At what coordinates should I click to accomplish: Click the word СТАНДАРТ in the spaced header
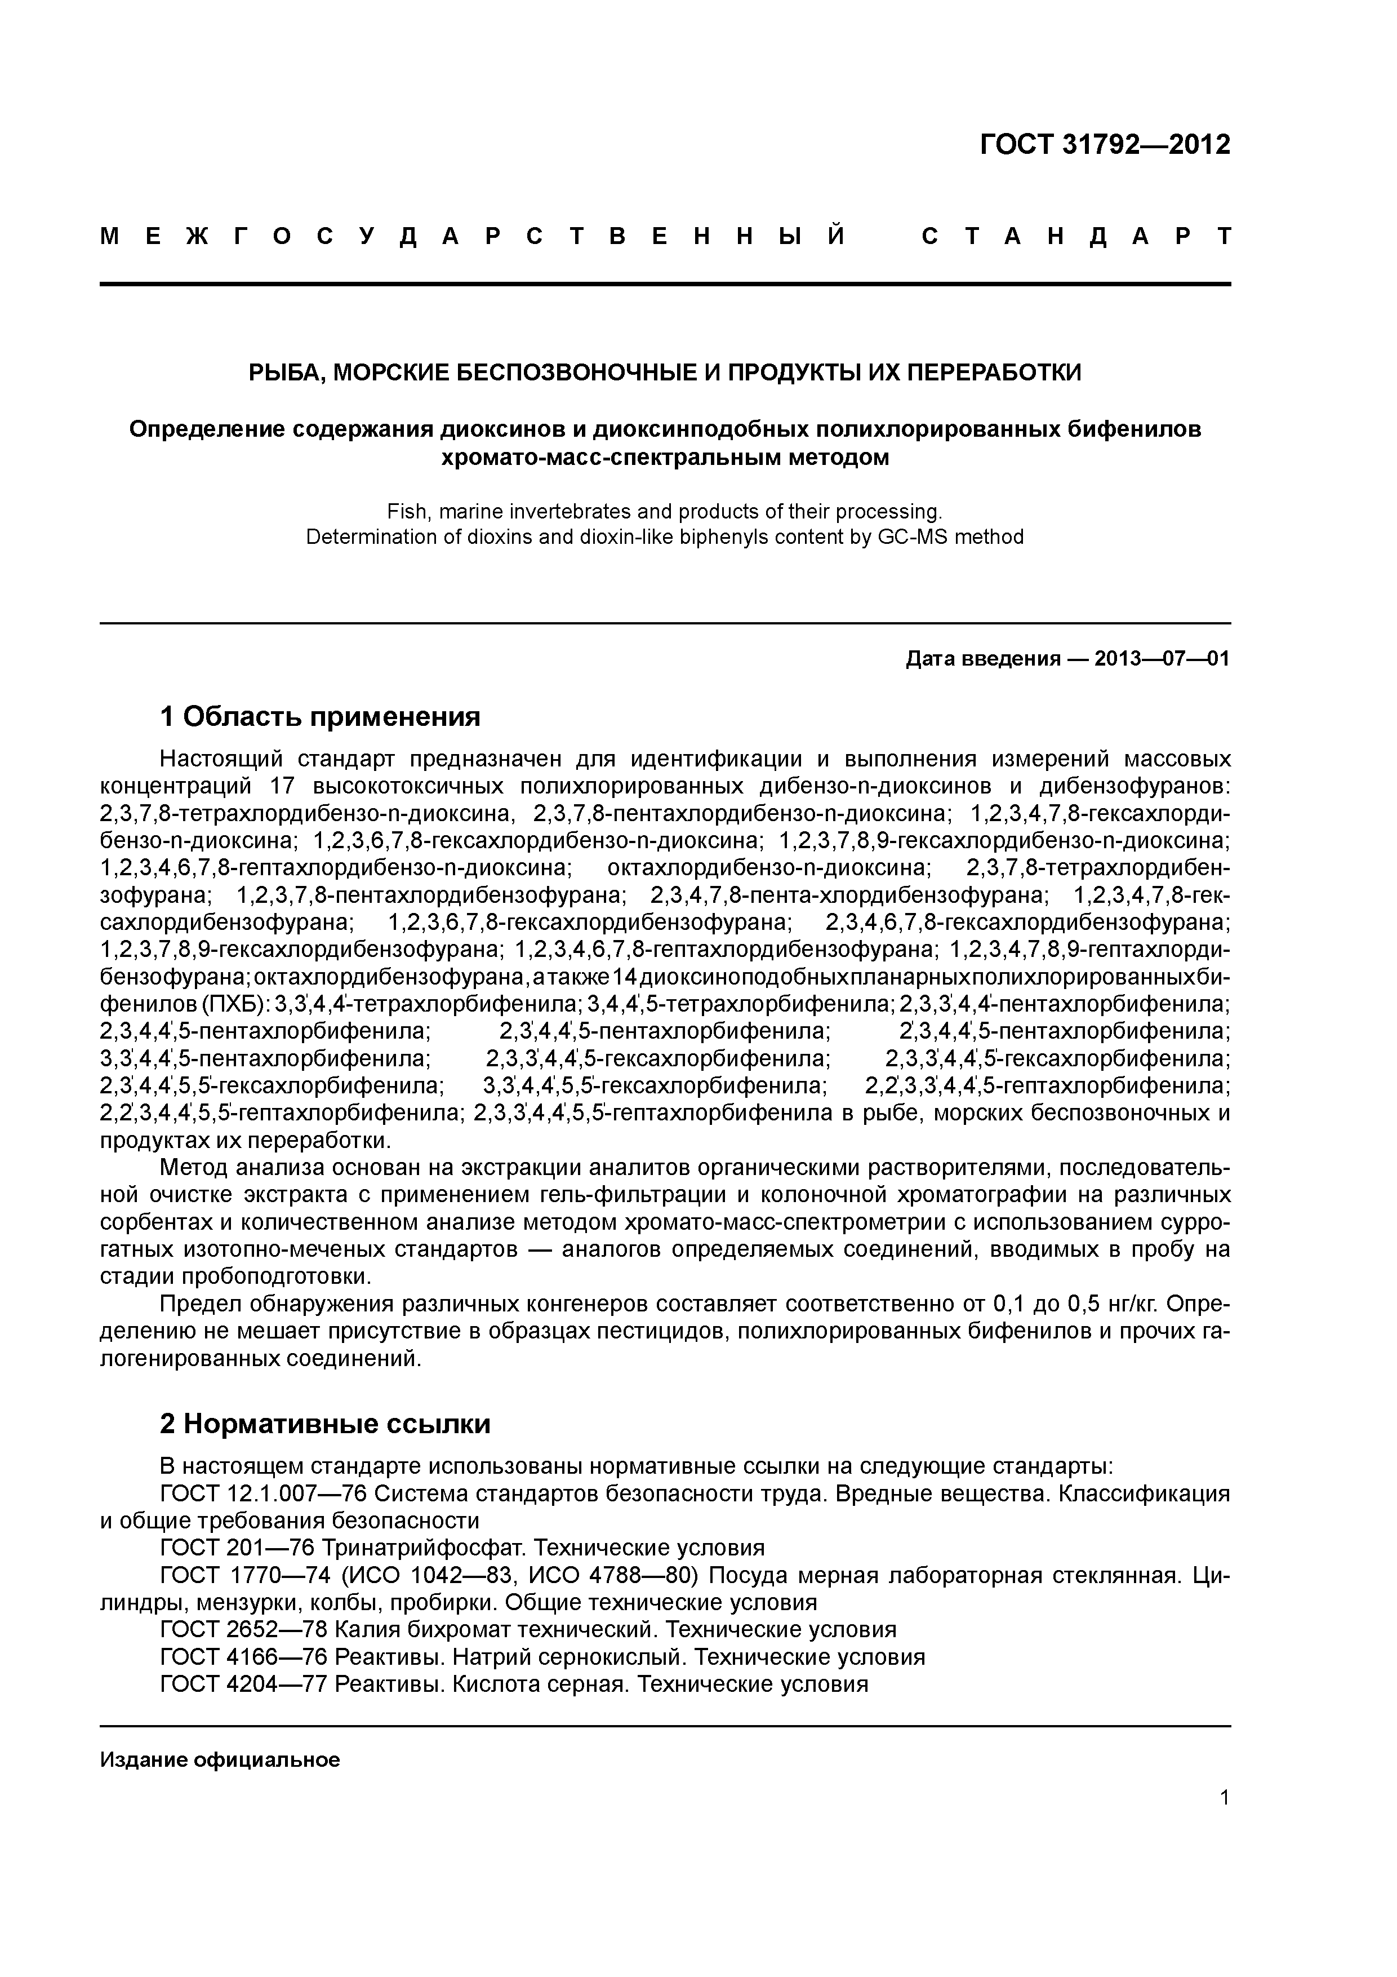point(1076,237)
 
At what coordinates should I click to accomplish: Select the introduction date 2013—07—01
point(1162,659)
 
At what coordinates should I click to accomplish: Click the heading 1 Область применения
point(320,716)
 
